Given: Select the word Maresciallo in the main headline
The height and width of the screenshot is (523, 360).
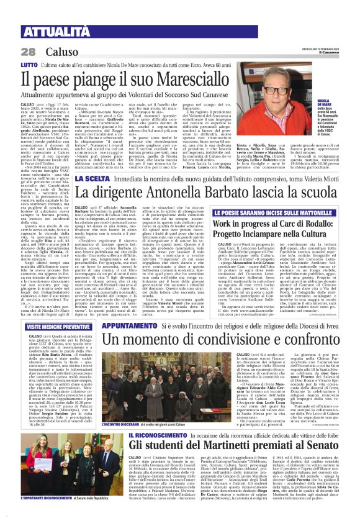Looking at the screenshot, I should pyautogui.click(x=210, y=80).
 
